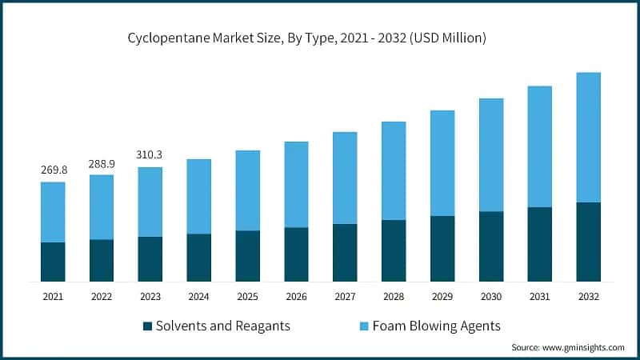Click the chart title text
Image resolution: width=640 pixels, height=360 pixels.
click(x=320, y=38)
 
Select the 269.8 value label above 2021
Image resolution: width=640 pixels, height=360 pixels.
click(x=53, y=170)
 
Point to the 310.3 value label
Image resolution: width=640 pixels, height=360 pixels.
click(x=150, y=154)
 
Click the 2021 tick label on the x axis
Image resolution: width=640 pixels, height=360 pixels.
click(x=53, y=296)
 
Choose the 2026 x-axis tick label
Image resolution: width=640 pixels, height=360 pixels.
click(x=296, y=296)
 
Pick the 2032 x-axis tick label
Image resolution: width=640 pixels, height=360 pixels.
click(x=587, y=296)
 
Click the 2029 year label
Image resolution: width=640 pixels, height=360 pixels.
click(x=442, y=296)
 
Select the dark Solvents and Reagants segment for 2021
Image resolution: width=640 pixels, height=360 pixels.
click(x=53, y=262)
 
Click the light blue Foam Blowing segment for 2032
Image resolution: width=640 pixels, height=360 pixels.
click(x=587, y=137)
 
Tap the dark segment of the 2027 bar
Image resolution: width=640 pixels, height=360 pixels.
click(x=345, y=252)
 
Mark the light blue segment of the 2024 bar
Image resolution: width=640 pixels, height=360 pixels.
click(x=199, y=196)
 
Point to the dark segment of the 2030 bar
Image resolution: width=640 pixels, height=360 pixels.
click(x=490, y=246)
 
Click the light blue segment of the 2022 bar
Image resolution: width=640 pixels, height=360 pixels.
click(x=102, y=206)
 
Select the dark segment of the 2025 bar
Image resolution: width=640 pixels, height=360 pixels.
click(x=247, y=256)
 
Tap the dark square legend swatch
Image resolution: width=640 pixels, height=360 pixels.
click(x=147, y=326)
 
